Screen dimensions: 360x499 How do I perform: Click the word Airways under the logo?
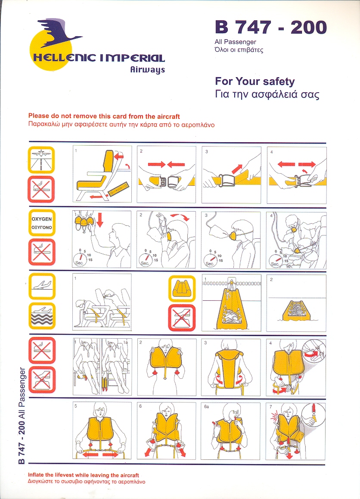148,70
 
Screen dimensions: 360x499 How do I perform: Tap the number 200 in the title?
308,27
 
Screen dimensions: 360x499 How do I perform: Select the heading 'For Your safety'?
255,81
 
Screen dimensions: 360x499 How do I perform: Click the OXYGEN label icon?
42,223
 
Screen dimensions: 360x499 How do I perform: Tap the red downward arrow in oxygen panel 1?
99,220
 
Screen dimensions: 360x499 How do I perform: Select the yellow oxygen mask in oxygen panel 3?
235,236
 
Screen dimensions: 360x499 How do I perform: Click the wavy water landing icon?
42,316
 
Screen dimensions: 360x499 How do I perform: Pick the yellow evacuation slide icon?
182,288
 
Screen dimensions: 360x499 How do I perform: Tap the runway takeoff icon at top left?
41,160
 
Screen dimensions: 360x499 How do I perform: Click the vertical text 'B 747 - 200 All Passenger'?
22,415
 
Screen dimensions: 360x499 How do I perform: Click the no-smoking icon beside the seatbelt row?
41,189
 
